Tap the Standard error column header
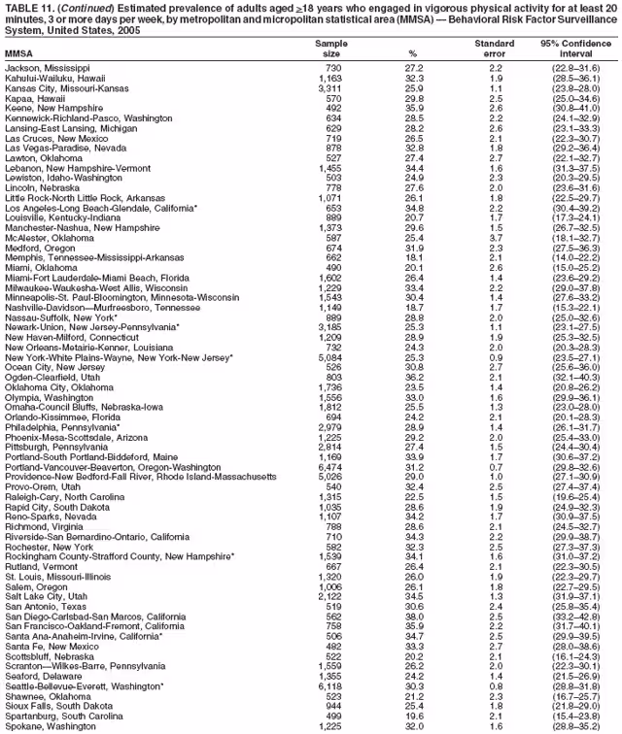click(x=494, y=48)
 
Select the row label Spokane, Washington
click(x=53, y=723)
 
